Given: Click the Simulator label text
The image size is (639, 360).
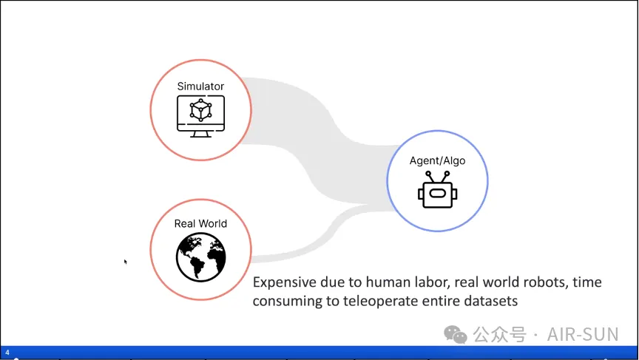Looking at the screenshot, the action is point(200,86).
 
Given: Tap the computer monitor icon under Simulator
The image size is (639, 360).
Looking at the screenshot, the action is point(200,117).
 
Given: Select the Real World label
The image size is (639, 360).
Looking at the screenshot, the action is point(200,223).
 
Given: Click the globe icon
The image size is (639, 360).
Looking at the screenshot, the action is point(201,257).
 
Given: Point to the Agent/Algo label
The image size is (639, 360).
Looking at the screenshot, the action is point(437,160).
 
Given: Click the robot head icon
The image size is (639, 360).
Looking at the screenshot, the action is point(437,190).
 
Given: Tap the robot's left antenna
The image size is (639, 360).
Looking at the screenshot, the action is point(430,177).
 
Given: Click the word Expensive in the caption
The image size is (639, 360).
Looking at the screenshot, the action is point(285,282).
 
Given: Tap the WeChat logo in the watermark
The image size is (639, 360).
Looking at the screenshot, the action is point(455,335).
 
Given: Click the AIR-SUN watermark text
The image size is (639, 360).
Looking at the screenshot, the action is point(583,334).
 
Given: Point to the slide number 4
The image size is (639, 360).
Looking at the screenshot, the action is point(7,353).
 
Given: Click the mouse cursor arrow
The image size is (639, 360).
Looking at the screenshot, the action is point(126,262).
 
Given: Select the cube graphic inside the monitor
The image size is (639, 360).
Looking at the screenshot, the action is point(200,110).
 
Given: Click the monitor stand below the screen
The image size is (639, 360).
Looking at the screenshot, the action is point(200,135).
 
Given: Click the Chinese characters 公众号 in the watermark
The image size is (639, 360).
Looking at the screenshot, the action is point(500,335).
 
